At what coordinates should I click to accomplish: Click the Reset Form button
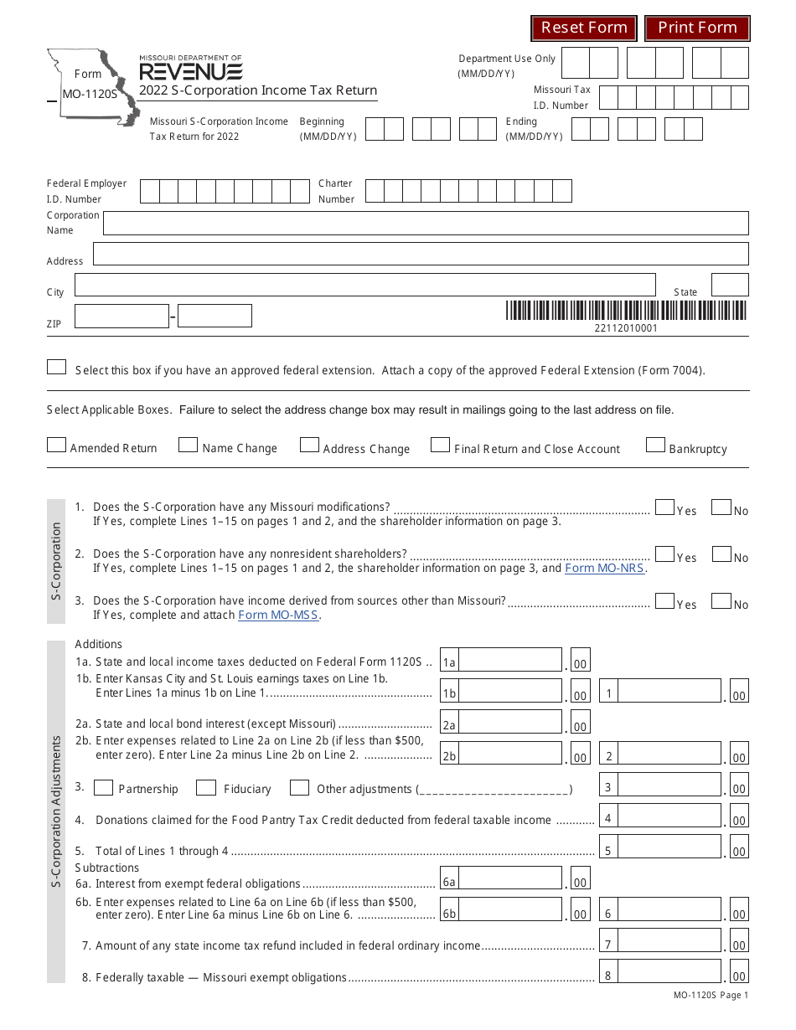(584, 28)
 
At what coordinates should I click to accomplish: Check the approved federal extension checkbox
(56, 368)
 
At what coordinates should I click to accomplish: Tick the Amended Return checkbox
(56, 445)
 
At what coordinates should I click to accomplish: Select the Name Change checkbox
(189, 445)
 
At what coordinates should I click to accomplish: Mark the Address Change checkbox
(309, 445)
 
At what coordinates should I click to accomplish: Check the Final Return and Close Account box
(440, 445)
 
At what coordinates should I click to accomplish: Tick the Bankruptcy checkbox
(655, 445)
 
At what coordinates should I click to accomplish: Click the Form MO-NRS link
(605, 568)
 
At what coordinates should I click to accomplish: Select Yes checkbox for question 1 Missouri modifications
(664, 507)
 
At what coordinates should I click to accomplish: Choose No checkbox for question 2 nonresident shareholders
(721, 554)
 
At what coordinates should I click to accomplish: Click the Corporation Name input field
(425, 224)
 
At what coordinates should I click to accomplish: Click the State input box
(729, 285)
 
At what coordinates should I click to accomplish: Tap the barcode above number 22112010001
(625, 311)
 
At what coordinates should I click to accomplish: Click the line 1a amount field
(510, 661)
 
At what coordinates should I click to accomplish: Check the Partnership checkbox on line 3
(104, 788)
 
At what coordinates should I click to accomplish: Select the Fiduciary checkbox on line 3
(206, 788)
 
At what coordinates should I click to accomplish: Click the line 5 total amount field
(669, 847)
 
